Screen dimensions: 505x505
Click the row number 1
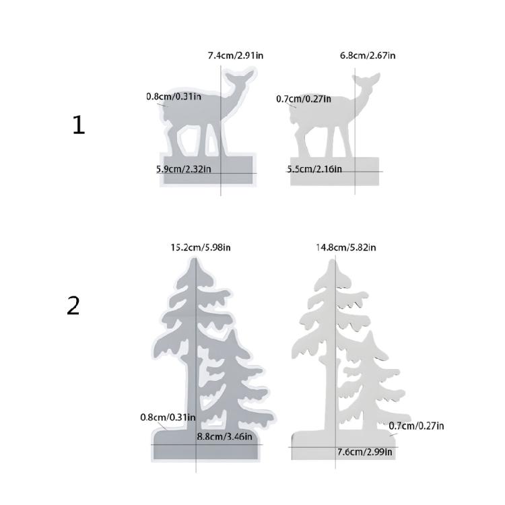point(79,125)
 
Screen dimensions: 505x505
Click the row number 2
point(73,306)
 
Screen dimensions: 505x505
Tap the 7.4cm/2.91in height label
point(236,55)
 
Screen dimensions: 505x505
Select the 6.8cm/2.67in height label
point(367,55)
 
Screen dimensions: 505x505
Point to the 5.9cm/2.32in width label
point(184,169)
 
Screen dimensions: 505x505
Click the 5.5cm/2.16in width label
point(314,169)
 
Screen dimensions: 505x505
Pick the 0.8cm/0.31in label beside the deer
point(174,96)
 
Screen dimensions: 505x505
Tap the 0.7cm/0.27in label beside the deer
point(304,99)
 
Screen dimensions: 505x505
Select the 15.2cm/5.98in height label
point(201,247)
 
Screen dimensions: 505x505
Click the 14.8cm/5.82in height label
point(346,247)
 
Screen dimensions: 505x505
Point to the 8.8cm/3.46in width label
point(224,436)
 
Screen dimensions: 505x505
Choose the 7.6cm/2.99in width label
point(364,452)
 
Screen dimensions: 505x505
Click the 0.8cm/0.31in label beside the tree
point(168,417)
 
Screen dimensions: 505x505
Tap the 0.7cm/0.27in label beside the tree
point(416,426)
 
